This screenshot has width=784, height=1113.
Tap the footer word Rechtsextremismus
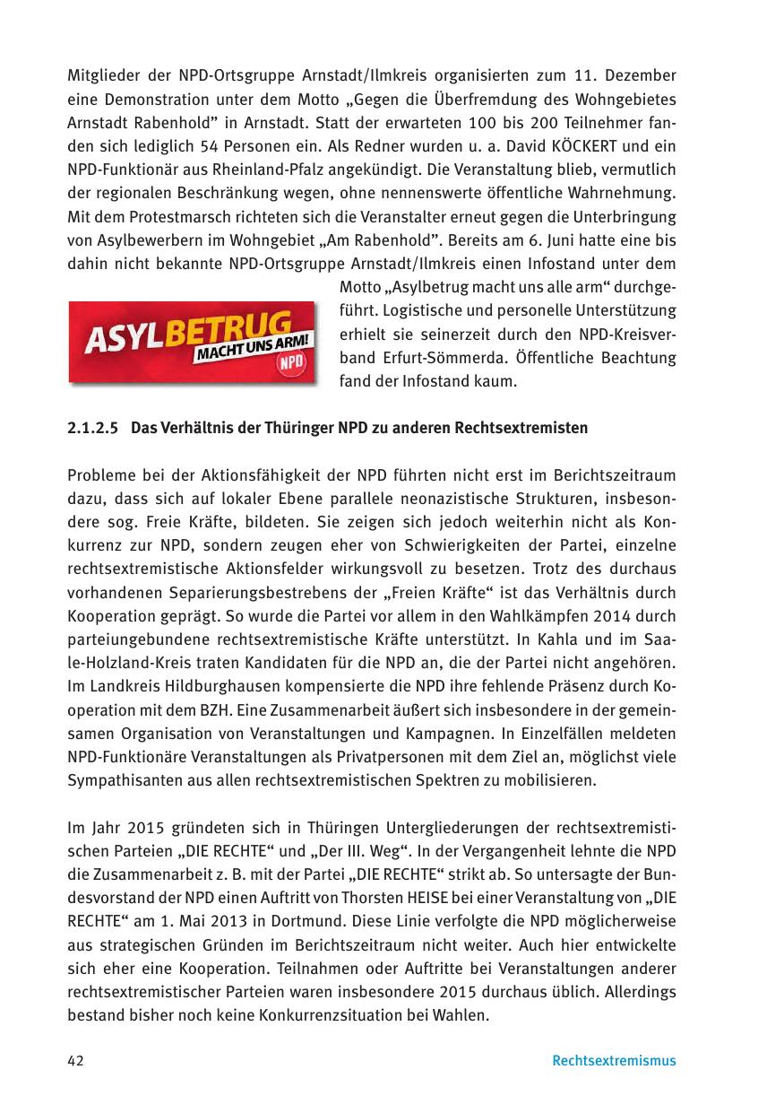click(x=614, y=1061)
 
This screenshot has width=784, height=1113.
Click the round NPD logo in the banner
click(x=292, y=363)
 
